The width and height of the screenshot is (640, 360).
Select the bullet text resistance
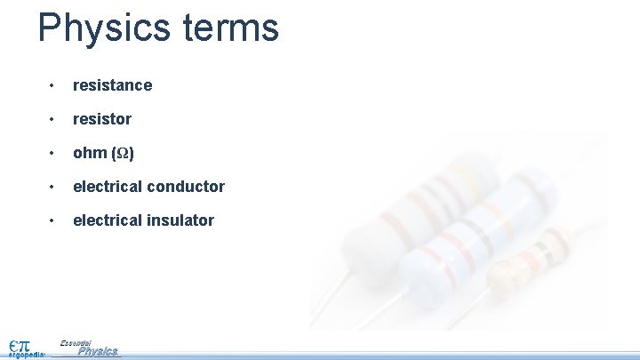[x=112, y=85]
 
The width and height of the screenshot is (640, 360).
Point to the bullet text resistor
[x=101, y=119]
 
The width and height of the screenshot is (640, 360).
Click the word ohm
[x=90, y=153]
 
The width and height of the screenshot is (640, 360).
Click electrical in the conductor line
[x=106, y=187]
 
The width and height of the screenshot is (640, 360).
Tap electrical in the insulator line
[x=106, y=220]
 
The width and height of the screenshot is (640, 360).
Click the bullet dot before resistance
[x=53, y=85]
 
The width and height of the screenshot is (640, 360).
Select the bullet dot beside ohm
[x=53, y=153]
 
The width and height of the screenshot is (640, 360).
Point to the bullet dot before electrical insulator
[x=53, y=220]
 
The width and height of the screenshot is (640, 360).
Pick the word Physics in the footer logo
[x=98, y=352]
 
